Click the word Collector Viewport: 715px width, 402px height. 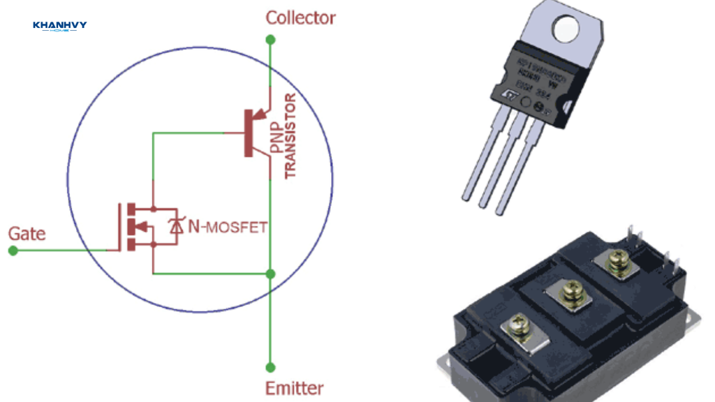pyautogui.click(x=300, y=17)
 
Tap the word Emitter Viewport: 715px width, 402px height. pyautogui.click(x=294, y=388)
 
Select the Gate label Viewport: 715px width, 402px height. pyautogui.click(x=27, y=233)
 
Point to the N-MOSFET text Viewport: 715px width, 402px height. pyautogui.click(x=228, y=227)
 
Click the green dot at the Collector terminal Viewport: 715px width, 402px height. pyautogui.click(x=271, y=40)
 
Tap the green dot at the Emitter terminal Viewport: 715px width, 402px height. pyautogui.click(x=271, y=367)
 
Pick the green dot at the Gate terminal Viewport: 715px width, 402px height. pyautogui.click(x=13, y=250)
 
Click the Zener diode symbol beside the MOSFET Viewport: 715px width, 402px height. pyautogui.click(x=175, y=225)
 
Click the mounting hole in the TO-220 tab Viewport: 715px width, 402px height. pyautogui.click(x=564, y=28)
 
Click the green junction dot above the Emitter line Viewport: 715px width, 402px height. pyautogui.click(x=271, y=273)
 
